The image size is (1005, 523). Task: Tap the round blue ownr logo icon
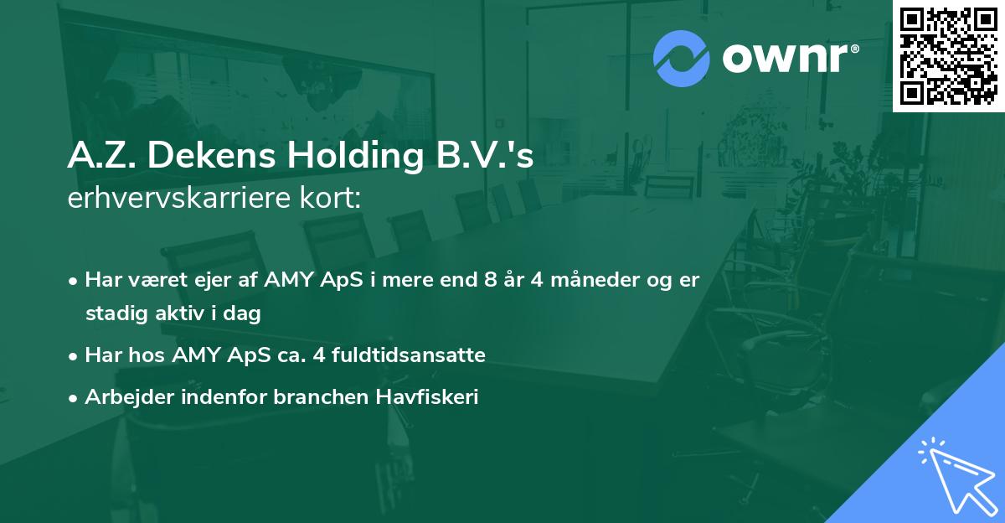point(681,58)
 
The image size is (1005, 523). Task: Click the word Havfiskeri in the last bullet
point(435,397)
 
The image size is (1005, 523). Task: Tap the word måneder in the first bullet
point(590,280)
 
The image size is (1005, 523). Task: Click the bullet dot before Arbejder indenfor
point(75,398)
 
